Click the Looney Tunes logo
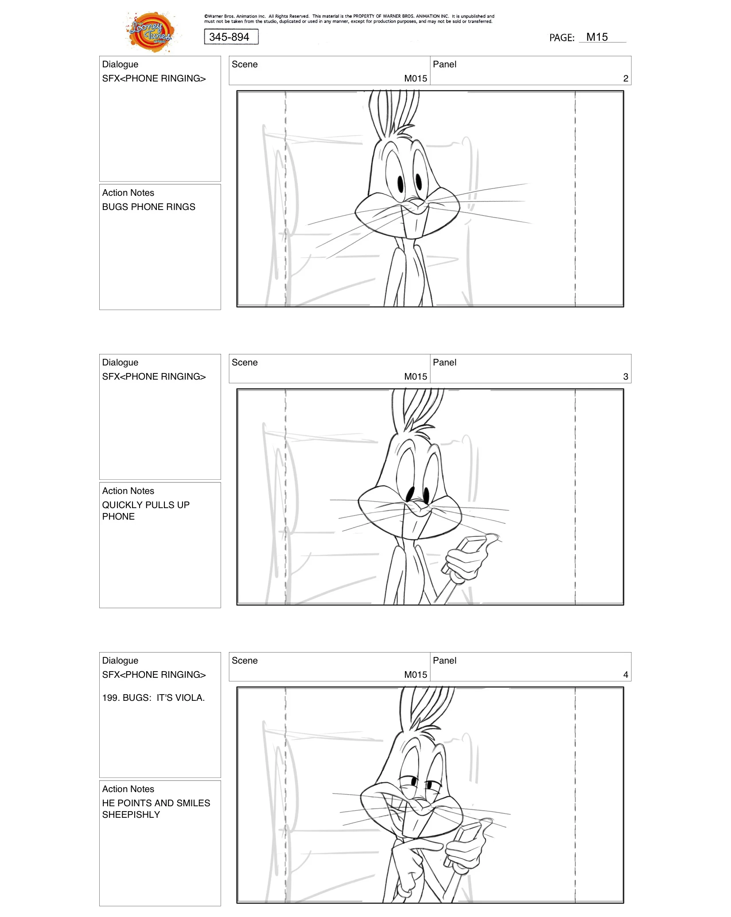(x=151, y=32)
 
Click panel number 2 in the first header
(x=625, y=79)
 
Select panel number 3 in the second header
(x=625, y=377)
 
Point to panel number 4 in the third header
(x=625, y=675)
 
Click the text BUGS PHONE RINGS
(x=148, y=207)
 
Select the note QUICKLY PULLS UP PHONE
(x=145, y=511)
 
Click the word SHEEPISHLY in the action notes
(x=131, y=815)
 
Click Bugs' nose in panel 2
(x=416, y=204)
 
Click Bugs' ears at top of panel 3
(x=416, y=408)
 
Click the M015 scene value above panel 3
(x=415, y=377)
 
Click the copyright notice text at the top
(x=349, y=19)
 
